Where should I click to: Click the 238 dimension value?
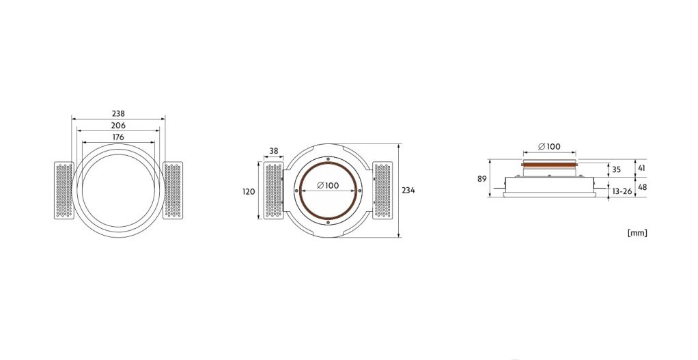pos(118,114)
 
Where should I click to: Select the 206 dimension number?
pos(118,126)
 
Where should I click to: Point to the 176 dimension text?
pos(118,137)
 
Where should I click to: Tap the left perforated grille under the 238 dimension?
pos(64,191)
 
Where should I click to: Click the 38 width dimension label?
pos(273,152)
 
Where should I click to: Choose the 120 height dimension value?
pos(249,192)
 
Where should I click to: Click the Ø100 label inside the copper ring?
pos(328,186)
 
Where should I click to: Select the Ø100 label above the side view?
pos(549,147)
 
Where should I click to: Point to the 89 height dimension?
pos(482,179)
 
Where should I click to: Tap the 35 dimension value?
pos(616,169)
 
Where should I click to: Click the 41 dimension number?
pos(641,167)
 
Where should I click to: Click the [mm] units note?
pos(637,233)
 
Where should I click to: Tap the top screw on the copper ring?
pos(328,159)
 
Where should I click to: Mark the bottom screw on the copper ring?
pos(328,223)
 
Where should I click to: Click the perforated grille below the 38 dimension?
pos(273,191)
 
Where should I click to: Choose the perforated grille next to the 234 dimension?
pos(382,191)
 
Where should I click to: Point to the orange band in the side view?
pos(549,165)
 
